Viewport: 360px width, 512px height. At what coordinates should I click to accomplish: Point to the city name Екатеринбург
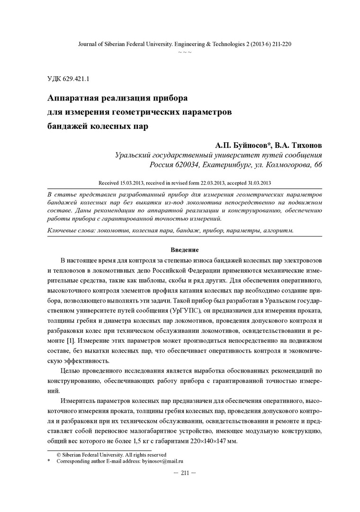coord(227,165)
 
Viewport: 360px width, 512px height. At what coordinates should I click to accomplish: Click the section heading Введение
coord(184,249)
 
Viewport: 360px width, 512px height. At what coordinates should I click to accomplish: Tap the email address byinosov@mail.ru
coord(162,461)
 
